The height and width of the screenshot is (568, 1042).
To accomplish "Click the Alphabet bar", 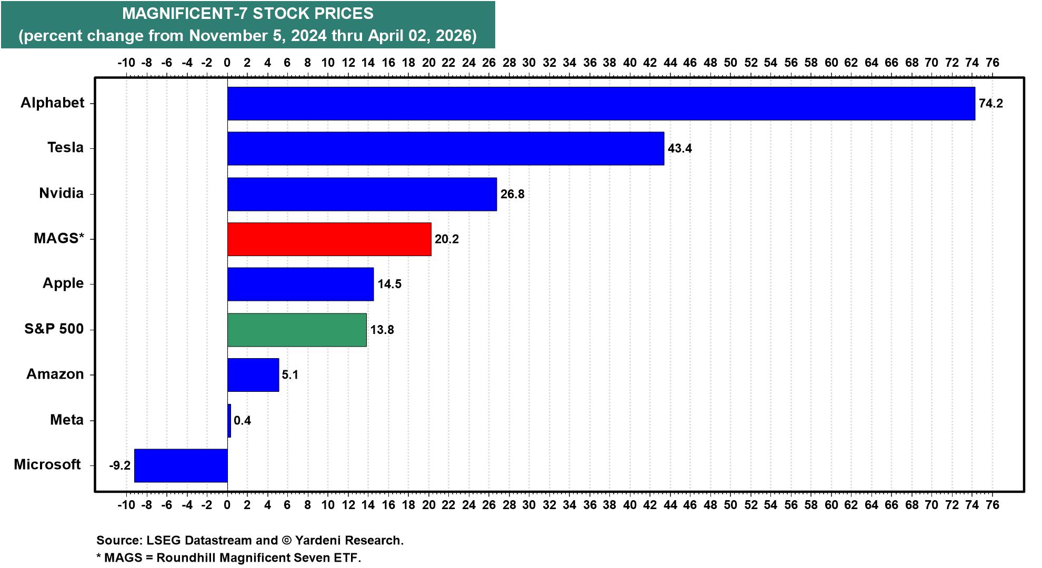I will pos(601,104).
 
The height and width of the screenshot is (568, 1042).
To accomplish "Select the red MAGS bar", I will pos(329,239).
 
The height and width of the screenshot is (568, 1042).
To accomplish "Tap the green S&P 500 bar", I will pos(297,330).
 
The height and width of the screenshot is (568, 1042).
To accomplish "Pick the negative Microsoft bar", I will pos(181,465).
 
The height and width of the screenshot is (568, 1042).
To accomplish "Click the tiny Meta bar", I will pos(229,420).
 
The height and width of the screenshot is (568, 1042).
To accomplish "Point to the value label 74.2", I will pos(990,104).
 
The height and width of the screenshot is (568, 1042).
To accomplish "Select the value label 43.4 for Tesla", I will pos(679,149).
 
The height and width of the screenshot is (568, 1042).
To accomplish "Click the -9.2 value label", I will pos(119,466).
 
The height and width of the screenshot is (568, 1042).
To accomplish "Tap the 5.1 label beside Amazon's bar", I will pos(290,375).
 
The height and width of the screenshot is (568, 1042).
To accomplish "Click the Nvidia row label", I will pos(61,194).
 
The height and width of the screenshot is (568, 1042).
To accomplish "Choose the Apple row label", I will pos(63,283).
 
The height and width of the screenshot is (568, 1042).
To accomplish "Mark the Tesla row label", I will pos(65,148).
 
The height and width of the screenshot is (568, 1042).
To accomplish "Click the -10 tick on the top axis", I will pos(126,63).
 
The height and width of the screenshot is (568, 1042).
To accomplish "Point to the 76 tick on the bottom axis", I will pos(992,505).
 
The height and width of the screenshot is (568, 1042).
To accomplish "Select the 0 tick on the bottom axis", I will pos(227,505).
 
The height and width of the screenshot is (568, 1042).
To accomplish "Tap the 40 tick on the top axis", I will pos(629,63).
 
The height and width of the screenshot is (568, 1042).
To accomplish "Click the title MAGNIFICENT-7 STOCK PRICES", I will pos(248,14).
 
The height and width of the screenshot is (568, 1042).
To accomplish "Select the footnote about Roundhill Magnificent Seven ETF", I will pos(229,558).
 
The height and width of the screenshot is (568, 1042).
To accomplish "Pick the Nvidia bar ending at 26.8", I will pos(362,194).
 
